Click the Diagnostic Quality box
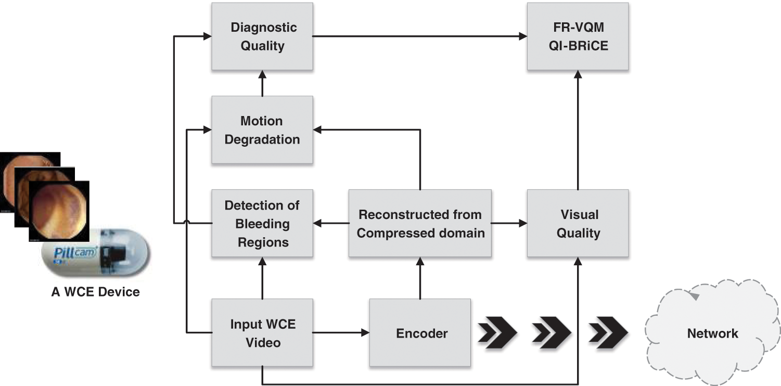262,36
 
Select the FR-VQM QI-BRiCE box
578,36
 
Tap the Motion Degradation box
262,130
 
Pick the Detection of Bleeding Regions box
262,223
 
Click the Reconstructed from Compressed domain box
420,223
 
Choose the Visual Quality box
578,223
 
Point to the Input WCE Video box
262,332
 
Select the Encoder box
420,332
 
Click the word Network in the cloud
712,333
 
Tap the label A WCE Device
96,291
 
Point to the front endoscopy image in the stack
59,211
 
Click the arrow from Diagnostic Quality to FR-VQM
420,36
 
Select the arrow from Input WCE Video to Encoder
341,332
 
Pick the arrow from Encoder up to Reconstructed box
420,278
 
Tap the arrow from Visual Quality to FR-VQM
578,130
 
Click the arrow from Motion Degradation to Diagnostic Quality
262,83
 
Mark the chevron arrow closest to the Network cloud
608,332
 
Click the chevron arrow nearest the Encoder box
497,332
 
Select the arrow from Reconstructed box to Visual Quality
509,223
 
